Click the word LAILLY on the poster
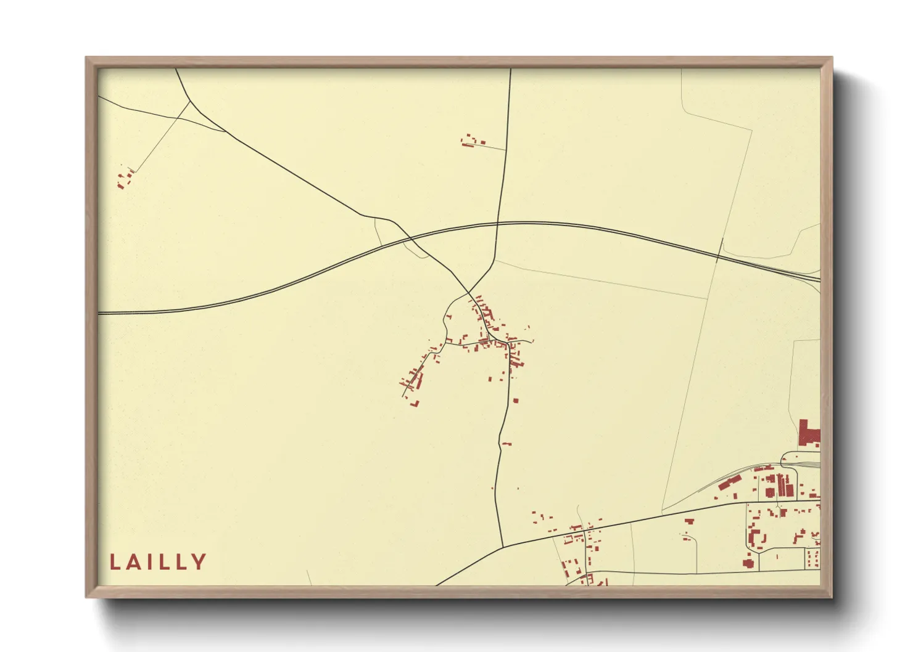pos(158,562)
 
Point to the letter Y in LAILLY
pos(199,562)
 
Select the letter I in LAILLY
pos(151,562)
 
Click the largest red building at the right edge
pos(808,433)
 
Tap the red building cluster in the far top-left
pos(124,179)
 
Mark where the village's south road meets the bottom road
pos(503,546)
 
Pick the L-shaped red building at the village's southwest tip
pos(415,404)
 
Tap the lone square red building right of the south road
pos(516,401)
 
